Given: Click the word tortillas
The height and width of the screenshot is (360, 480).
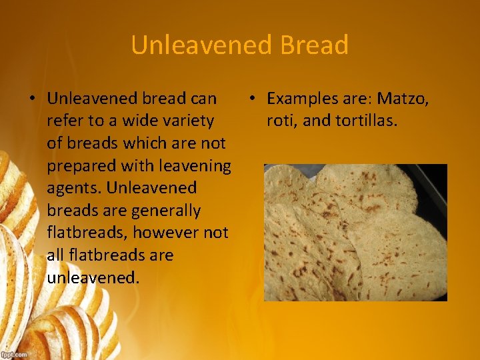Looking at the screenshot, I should [x=366, y=121].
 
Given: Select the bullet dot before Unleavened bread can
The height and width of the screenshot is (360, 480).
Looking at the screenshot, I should [x=31, y=99].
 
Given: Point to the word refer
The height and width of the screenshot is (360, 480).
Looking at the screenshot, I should [x=63, y=121].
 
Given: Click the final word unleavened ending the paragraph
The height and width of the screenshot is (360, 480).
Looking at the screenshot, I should [x=91, y=277].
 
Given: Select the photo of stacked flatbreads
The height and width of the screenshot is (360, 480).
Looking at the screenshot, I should [x=355, y=233].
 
